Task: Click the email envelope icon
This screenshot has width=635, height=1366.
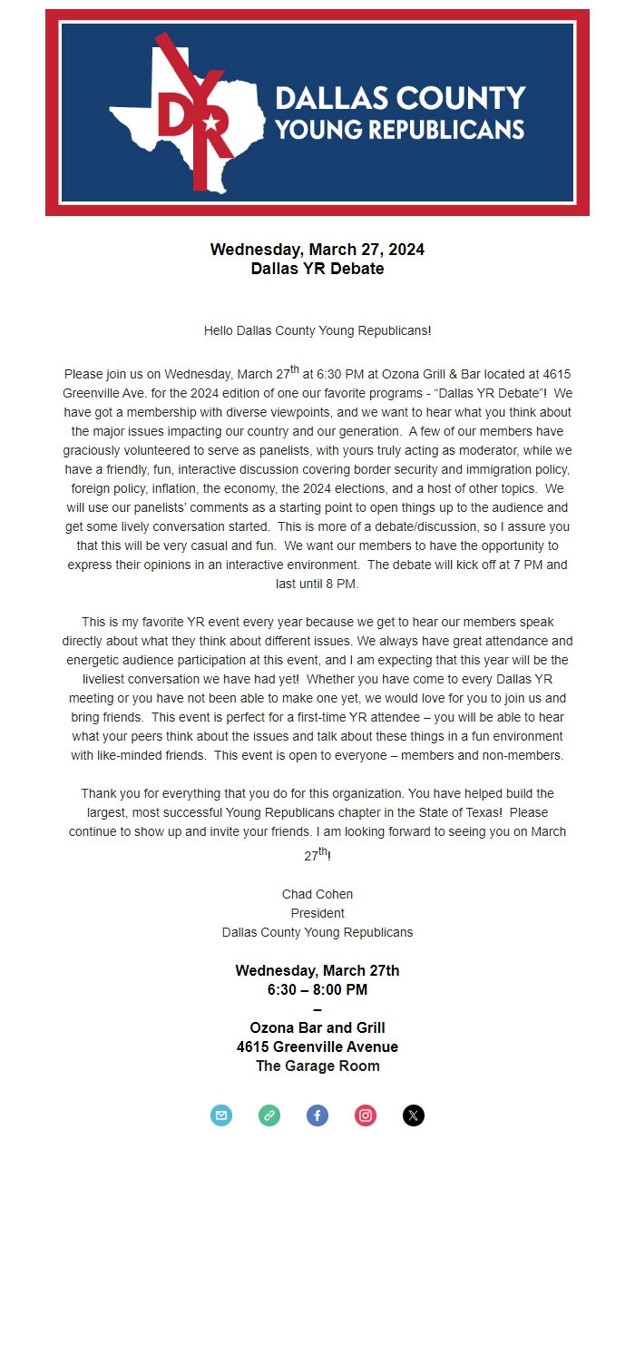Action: pyautogui.click(x=221, y=1115)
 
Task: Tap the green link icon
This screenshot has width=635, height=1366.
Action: pyautogui.click(x=269, y=1115)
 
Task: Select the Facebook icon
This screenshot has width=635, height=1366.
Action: pyautogui.click(x=317, y=1115)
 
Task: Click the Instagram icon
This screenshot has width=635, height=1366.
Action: pyautogui.click(x=366, y=1115)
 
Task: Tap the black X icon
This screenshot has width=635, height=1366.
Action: pyautogui.click(x=414, y=1115)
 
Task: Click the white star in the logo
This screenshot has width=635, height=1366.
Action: pyautogui.click(x=211, y=122)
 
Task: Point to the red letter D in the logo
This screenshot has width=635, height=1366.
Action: pyautogui.click(x=173, y=113)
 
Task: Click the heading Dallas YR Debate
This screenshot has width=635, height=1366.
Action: pyautogui.click(x=317, y=269)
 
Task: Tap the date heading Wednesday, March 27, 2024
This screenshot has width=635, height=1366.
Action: pyautogui.click(x=317, y=250)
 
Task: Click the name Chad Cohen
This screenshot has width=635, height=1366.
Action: pyautogui.click(x=317, y=894)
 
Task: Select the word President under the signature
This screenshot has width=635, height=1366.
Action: pyautogui.click(x=317, y=913)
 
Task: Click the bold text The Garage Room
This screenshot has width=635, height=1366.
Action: pyautogui.click(x=317, y=1066)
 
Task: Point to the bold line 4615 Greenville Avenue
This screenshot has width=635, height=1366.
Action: pyautogui.click(x=317, y=1047)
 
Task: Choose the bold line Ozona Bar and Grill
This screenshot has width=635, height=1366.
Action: pyautogui.click(x=317, y=1027)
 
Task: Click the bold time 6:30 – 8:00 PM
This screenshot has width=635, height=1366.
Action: pyautogui.click(x=317, y=989)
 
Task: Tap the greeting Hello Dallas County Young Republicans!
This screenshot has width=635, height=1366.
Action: pyautogui.click(x=317, y=331)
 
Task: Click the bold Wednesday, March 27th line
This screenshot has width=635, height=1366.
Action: pyautogui.click(x=317, y=970)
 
